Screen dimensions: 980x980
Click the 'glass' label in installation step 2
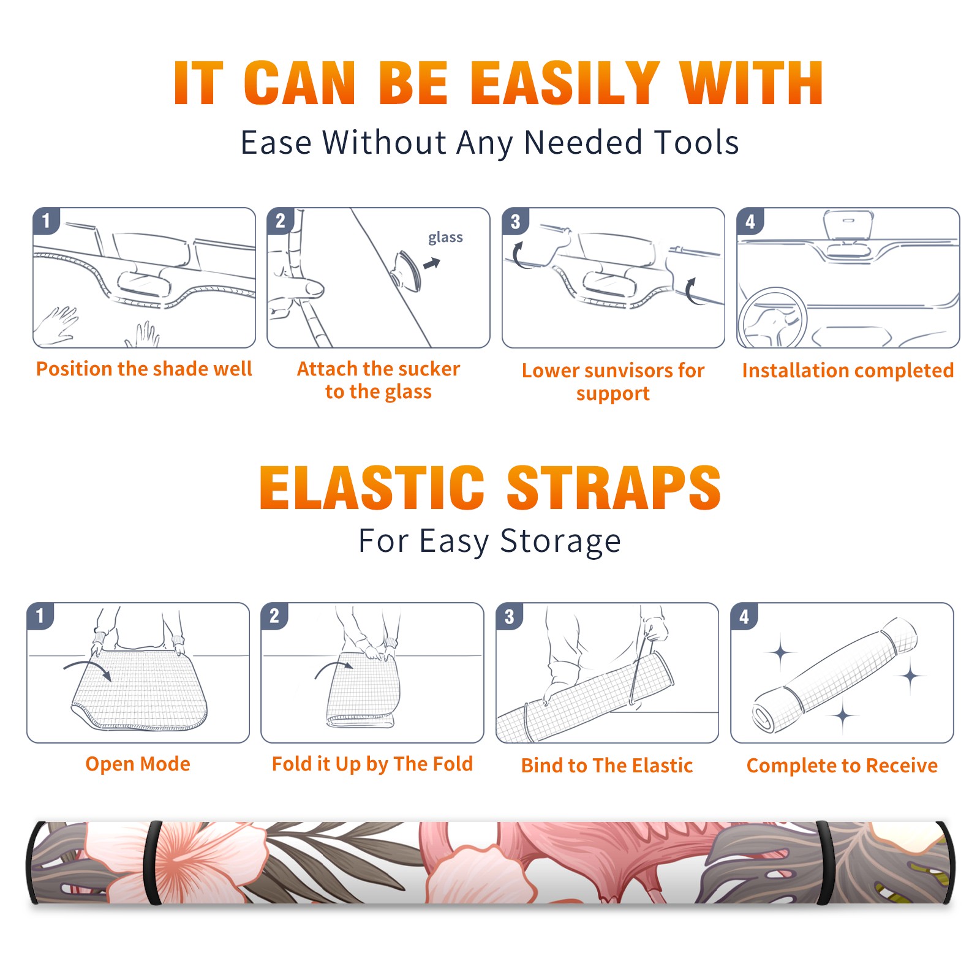pos(445,237)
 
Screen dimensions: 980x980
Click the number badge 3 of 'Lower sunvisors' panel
pos(515,221)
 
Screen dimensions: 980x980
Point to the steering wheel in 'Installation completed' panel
pos(772,318)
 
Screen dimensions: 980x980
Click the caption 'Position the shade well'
pos(144,369)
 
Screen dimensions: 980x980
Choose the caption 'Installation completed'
pos(848,371)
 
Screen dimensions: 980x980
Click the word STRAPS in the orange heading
pos(614,488)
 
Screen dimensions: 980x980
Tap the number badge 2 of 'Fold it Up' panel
pos(274,616)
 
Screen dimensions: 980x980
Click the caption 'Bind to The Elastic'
pos(607,766)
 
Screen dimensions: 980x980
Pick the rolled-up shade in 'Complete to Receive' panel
pos(835,675)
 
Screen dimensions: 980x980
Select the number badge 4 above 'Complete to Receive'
pos(744,616)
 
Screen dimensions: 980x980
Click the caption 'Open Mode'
pos(138,764)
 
